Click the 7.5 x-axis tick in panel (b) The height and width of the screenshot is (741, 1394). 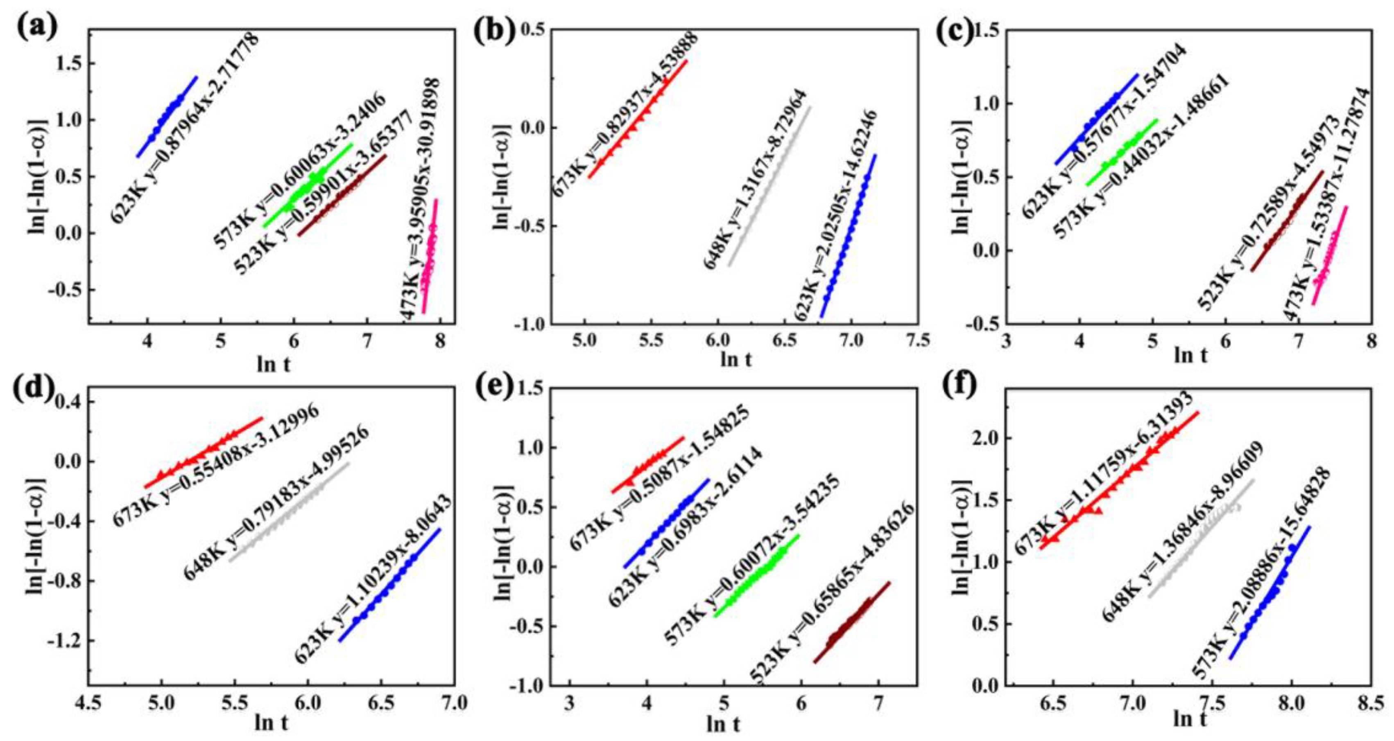(917, 342)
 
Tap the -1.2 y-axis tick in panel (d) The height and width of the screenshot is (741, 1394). (68, 642)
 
